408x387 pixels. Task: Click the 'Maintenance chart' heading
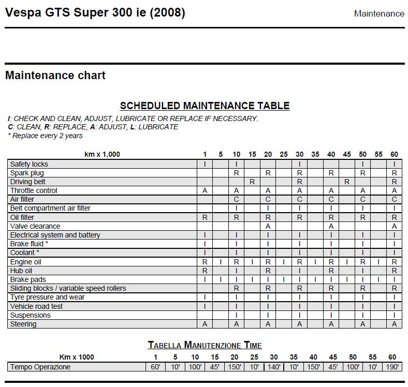click(x=55, y=76)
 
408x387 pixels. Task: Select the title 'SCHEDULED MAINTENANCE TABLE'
click(x=205, y=106)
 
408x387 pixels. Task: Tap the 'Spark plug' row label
click(x=27, y=173)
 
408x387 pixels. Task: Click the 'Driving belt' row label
click(x=28, y=182)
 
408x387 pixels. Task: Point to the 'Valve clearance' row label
click(x=35, y=226)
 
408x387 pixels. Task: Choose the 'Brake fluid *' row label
click(x=29, y=244)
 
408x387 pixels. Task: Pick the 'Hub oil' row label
click(x=21, y=271)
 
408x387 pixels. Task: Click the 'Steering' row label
click(x=23, y=324)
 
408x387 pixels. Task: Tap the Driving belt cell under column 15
click(x=252, y=182)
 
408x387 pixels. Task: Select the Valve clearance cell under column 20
click(x=268, y=226)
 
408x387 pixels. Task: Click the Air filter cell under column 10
click(x=237, y=199)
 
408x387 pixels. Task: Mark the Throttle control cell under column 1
click(x=205, y=190)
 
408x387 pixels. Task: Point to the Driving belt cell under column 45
click(x=347, y=182)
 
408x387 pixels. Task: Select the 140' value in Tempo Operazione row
click(x=274, y=367)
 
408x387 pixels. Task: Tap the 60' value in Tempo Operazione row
click(x=155, y=367)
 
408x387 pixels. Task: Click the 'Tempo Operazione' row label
click(x=40, y=367)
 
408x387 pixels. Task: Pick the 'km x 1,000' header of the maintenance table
click(x=102, y=154)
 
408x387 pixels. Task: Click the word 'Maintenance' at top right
click(x=379, y=14)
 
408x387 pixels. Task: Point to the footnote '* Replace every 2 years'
click(x=45, y=136)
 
